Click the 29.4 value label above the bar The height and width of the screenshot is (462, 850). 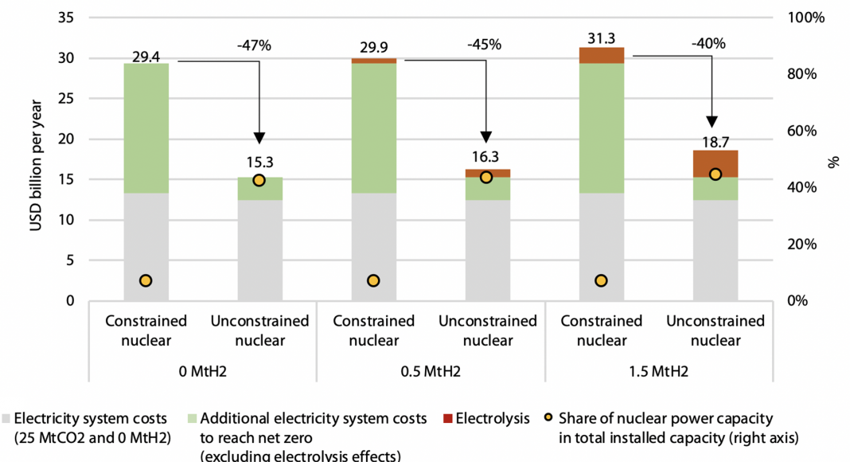[x=146, y=56]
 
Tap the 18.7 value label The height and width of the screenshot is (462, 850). [x=715, y=142]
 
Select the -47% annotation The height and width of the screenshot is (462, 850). [x=255, y=45]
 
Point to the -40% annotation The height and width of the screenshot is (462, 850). [x=709, y=44]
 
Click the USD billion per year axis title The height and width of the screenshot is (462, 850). [x=36, y=159]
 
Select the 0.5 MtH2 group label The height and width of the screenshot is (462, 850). [x=431, y=372]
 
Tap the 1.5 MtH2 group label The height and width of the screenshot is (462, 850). [x=658, y=372]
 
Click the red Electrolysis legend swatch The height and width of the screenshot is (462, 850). [x=447, y=418]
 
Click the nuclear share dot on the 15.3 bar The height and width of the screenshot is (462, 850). [x=259, y=180]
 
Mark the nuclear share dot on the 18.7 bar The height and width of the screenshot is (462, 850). [x=715, y=174]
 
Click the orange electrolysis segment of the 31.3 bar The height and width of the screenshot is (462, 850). [x=601, y=55]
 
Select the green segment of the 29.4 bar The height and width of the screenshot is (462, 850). [x=146, y=128]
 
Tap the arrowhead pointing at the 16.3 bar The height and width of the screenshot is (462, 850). [x=486, y=137]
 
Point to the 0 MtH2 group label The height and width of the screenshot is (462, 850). [x=203, y=372]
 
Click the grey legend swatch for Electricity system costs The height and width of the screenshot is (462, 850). [x=6, y=418]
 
